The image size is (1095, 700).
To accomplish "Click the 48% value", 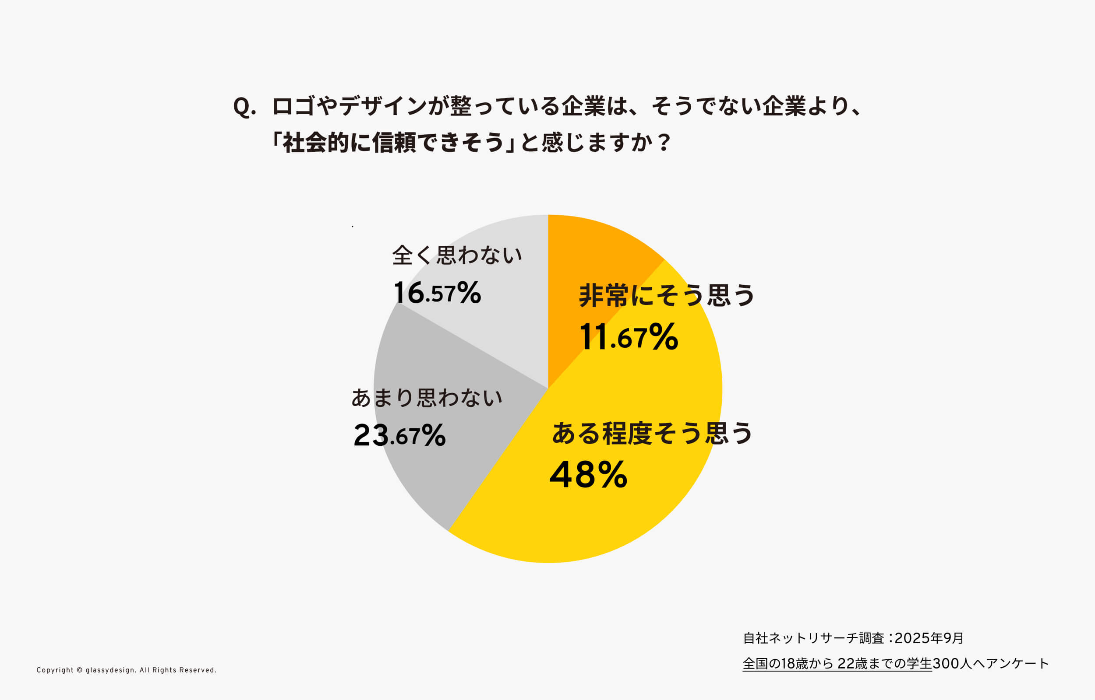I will pyautogui.click(x=588, y=475).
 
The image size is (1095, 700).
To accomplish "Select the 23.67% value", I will pyautogui.click(x=399, y=435).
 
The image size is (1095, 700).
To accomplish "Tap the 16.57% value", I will pyautogui.click(x=437, y=292).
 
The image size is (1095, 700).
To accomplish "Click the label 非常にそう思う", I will pyautogui.click(x=667, y=295).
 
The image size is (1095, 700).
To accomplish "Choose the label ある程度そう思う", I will pyautogui.click(x=652, y=433).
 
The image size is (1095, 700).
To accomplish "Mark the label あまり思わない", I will pyautogui.click(x=427, y=398).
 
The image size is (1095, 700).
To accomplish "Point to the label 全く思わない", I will pyautogui.click(x=457, y=255).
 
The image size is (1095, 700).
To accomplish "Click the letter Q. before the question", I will pyautogui.click(x=244, y=107).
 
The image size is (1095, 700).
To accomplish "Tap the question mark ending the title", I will pyautogui.click(x=664, y=143).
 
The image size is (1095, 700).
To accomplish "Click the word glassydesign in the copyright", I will pyautogui.click(x=109, y=670).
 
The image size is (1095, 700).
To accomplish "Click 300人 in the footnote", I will pyautogui.click(x=952, y=664).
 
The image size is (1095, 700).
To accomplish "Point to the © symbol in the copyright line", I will pyautogui.click(x=80, y=670).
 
